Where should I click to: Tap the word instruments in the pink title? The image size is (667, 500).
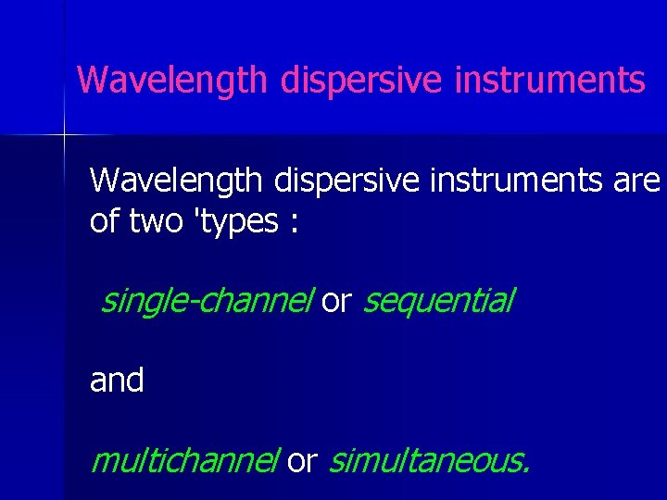550,81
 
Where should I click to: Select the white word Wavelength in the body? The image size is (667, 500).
176,180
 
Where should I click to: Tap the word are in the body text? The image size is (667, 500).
636,181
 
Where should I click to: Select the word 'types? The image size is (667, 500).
235,223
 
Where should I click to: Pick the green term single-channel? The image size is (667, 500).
208,301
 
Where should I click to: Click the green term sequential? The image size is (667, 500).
438,301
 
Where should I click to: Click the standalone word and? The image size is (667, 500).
117,380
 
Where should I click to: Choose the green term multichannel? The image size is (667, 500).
184,459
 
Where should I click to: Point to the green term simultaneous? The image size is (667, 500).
426,459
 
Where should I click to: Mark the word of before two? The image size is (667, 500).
104,221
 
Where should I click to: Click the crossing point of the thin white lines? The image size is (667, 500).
64,136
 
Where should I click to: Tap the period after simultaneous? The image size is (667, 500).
526,469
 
